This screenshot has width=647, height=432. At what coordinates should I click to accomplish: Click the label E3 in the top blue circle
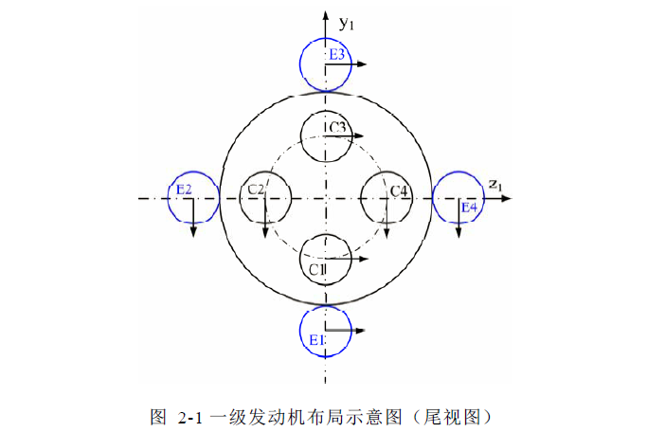[x=337, y=55]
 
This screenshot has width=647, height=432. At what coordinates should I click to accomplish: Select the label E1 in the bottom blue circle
[x=317, y=338]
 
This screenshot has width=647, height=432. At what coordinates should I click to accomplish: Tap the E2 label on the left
[x=185, y=189]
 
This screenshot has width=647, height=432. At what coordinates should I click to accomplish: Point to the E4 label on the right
[x=469, y=207]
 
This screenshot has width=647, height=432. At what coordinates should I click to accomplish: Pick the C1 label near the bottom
[x=318, y=270]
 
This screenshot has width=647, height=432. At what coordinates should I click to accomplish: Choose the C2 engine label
[x=255, y=189]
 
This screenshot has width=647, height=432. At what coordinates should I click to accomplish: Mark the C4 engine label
[x=399, y=192]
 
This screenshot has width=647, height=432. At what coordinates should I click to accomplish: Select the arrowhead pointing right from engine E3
[x=364, y=64]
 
